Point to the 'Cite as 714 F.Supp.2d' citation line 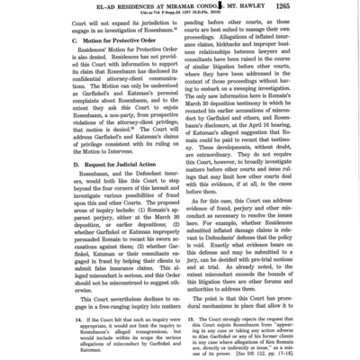pyautogui.click(x=179, y=14)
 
